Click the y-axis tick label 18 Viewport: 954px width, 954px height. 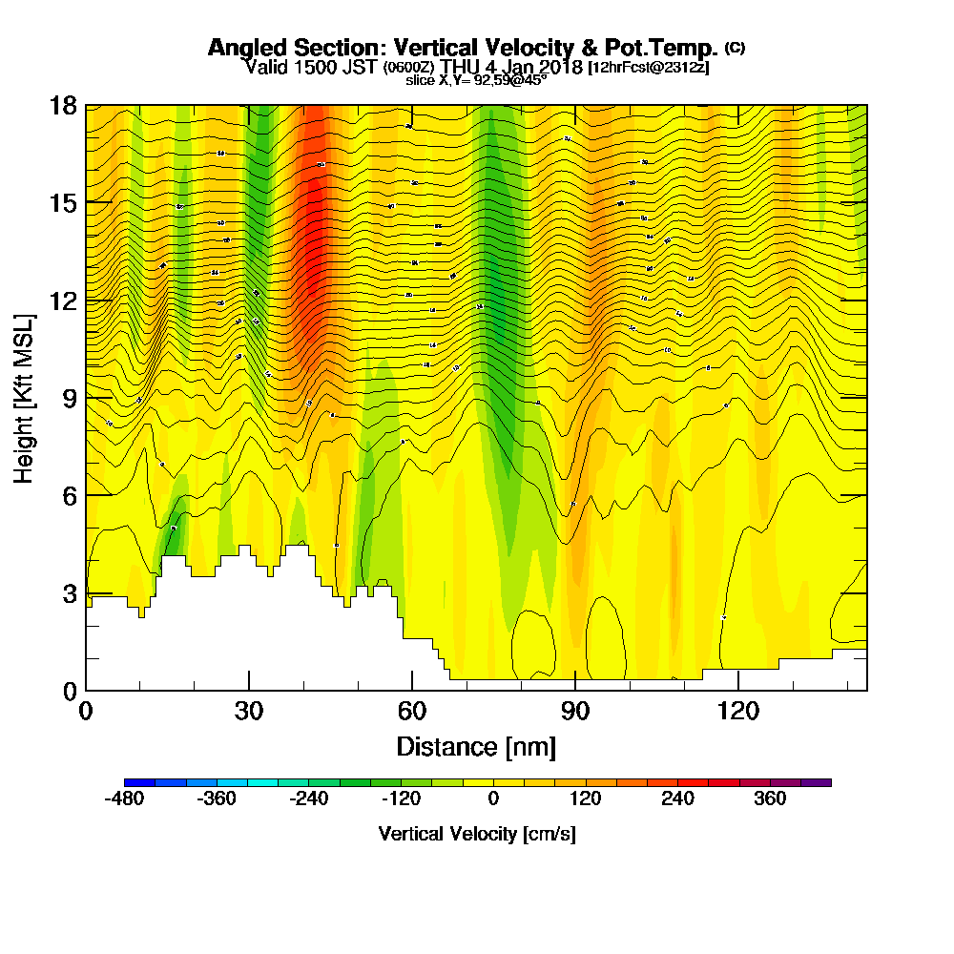coord(63,105)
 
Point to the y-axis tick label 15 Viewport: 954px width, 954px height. coord(63,202)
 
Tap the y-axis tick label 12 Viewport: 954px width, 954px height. coord(63,301)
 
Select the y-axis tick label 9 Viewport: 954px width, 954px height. coord(69,398)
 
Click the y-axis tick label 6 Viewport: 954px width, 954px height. coord(69,495)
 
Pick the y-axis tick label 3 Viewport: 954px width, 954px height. coord(69,593)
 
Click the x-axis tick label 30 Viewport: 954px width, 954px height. coord(249,711)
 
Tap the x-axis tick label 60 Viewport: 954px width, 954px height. coord(412,711)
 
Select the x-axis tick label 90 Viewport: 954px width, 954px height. coord(575,711)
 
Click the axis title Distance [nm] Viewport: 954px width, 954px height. coord(476,745)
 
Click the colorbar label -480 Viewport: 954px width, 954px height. coord(124,798)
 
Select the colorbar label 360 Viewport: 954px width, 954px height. coord(770,798)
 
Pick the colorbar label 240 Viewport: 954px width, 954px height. coord(678,798)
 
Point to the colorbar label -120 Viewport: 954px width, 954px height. coord(401,798)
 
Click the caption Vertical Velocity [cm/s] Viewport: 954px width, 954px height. coord(477,834)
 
